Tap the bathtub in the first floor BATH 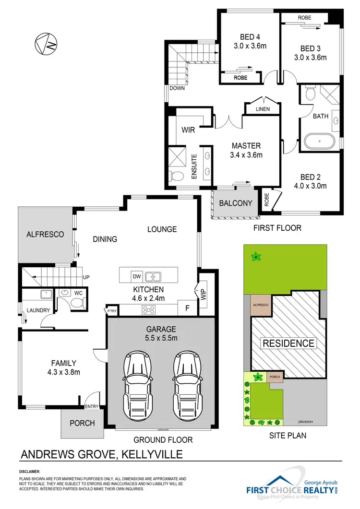point(319,142)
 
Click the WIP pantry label point(204,292)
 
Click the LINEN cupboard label point(262,109)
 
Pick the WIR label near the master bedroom point(188,130)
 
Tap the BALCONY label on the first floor point(235,203)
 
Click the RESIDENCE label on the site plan point(288,343)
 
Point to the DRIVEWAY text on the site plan point(305,422)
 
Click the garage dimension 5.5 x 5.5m point(161,338)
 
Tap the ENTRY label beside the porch point(91,407)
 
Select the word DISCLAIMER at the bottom point(29,472)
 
